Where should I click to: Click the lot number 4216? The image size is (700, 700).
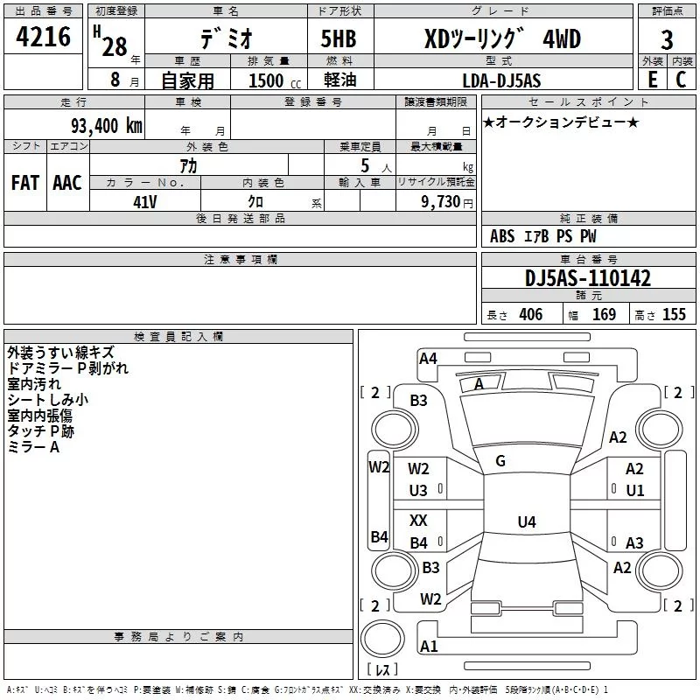(43, 37)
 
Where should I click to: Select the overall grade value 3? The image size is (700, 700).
(667, 40)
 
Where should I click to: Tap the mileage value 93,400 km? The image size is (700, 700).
(106, 126)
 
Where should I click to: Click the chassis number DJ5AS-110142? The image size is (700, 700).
(588, 278)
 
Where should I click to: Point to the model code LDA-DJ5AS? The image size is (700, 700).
(501, 80)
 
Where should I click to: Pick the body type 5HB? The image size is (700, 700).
(339, 38)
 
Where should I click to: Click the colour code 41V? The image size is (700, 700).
(145, 202)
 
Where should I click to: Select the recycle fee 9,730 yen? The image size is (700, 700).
(447, 202)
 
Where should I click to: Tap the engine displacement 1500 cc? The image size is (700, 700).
(275, 80)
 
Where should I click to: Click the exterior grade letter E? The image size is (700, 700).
(653, 80)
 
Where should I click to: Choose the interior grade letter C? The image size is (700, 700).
(681, 80)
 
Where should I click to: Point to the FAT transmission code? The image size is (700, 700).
(25, 183)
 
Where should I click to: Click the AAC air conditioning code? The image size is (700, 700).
(67, 183)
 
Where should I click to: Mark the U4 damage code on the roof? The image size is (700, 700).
(527, 521)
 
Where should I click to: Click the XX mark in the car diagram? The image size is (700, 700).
(418, 520)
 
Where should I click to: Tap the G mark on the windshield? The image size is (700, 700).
(500, 461)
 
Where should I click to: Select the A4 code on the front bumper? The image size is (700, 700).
(428, 359)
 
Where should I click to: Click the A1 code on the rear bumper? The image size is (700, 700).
(429, 646)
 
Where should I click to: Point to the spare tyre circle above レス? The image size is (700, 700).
(382, 638)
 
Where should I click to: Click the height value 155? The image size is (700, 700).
(674, 314)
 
